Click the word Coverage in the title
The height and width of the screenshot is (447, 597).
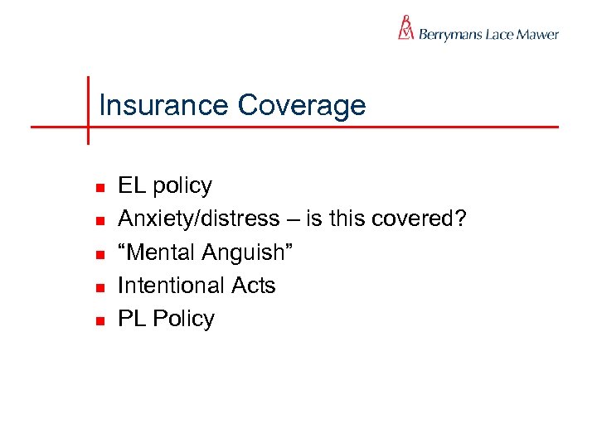tap(301, 106)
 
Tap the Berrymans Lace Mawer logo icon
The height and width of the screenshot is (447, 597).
tap(405, 28)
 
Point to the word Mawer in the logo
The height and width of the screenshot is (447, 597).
tap(538, 35)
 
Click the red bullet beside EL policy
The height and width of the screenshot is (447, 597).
tap(98, 187)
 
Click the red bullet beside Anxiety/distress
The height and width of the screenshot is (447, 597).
tap(98, 220)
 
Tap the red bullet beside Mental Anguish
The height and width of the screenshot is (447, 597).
tap(98, 253)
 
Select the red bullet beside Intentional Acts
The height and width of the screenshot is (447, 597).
tap(98, 287)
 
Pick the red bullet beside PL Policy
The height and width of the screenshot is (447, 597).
tap(98, 320)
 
